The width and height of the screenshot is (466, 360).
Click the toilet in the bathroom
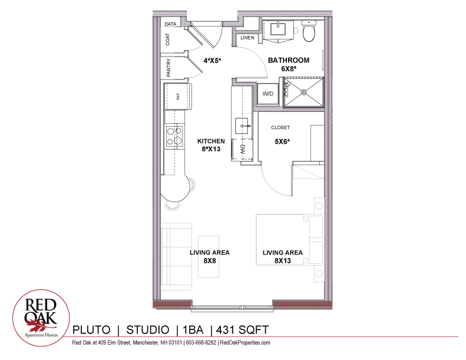[x=309, y=31]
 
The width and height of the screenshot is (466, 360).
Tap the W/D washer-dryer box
[x=268, y=94]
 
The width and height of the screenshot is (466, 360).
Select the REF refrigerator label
[x=178, y=96]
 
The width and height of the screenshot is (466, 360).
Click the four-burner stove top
[x=174, y=136]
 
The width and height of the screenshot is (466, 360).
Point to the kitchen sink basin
[x=242, y=125]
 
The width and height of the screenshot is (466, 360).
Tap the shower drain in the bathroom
[x=304, y=92]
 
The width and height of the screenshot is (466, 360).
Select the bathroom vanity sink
[x=278, y=29]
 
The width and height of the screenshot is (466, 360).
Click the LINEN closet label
[x=247, y=38]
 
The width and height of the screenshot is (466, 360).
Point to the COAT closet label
[x=168, y=39]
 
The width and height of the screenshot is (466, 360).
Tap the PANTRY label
[x=168, y=68]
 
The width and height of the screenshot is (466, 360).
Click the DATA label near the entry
[x=170, y=24]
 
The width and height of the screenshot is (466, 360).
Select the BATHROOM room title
[x=289, y=60]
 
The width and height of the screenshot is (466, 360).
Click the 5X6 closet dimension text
[x=282, y=141]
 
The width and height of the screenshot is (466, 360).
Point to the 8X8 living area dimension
[x=210, y=260]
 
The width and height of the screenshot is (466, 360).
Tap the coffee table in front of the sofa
[x=209, y=256]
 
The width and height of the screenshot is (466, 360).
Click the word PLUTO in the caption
[x=91, y=330]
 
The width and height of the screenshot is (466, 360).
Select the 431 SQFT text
[x=242, y=330]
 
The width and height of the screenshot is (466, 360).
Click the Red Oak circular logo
[x=41, y=318]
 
